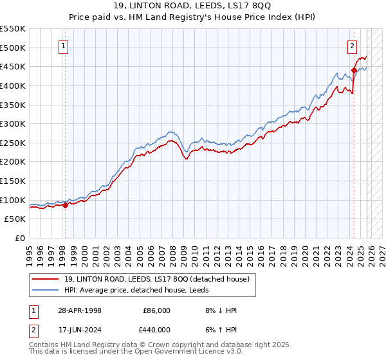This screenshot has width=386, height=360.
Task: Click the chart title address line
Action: point(193,6)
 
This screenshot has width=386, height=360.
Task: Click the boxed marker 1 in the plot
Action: point(65,46)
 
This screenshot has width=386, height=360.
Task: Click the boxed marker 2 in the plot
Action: point(353,46)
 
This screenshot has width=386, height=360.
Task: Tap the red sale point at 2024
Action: point(354,70)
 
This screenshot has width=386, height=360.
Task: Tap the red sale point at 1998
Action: point(65,206)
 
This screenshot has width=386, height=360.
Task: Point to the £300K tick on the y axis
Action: point(13,123)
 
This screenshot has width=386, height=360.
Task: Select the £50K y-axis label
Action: point(15,219)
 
